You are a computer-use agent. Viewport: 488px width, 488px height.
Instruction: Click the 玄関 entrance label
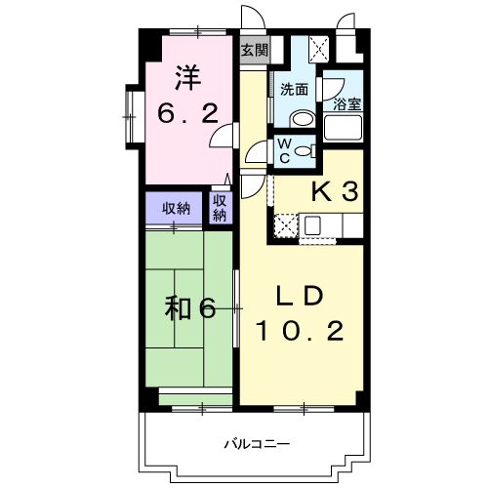pyautogui.click(x=254, y=51)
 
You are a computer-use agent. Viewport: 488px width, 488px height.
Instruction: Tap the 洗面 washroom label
pyautogui.click(x=295, y=90)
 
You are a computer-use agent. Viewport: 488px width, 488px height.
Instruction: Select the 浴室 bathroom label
pyautogui.click(x=346, y=102)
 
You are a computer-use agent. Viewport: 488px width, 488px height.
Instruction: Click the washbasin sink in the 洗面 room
pyautogui.click(x=303, y=117)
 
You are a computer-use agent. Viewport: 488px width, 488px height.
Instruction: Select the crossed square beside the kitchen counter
pyautogui.click(x=286, y=225)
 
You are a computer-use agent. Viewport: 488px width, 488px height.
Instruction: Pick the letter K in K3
pyautogui.click(x=319, y=192)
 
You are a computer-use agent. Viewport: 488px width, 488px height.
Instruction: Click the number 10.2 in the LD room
pyautogui.click(x=301, y=332)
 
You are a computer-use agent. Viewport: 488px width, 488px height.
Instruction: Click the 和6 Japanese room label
pyautogui.click(x=189, y=308)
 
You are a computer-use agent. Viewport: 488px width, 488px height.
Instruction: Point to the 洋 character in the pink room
pyautogui.click(x=188, y=74)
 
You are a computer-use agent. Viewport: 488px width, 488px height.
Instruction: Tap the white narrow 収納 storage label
pyautogui.click(x=221, y=207)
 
